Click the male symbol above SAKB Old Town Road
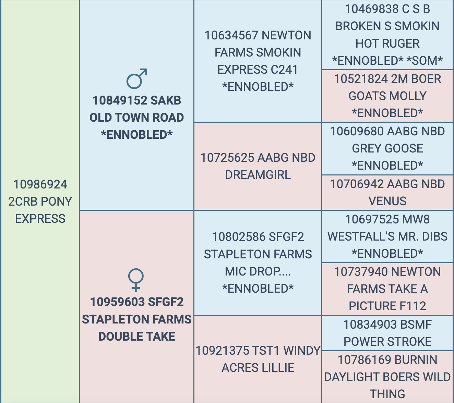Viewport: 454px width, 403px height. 136,79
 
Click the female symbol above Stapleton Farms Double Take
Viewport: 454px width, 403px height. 136,280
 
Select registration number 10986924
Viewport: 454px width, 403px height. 40,184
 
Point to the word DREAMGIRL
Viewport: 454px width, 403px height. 258,175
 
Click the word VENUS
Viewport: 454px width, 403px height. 387,201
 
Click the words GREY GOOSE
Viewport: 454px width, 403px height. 387,148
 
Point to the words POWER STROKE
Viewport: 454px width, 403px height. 387,342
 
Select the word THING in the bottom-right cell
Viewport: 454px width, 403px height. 387,394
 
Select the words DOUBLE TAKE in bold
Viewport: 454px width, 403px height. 137,337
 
